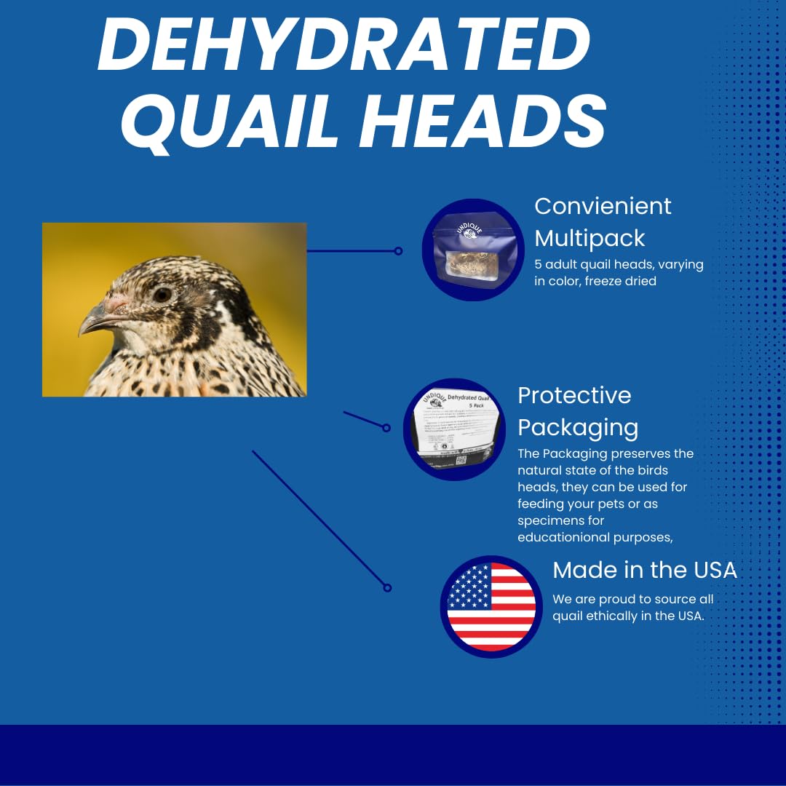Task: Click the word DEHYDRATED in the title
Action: click(343, 46)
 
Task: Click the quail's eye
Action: click(162, 295)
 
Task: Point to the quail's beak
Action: click(94, 322)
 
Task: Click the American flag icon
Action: click(491, 606)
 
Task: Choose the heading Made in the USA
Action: click(645, 570)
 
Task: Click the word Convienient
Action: click(603, 206)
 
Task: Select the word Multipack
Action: click(589, 238)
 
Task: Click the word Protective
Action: click(574, 395)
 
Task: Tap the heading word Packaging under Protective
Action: click(578, 427)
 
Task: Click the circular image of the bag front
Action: click(473, 250)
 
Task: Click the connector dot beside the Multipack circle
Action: click(398, 251)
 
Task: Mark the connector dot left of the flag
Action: click(387, 587)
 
